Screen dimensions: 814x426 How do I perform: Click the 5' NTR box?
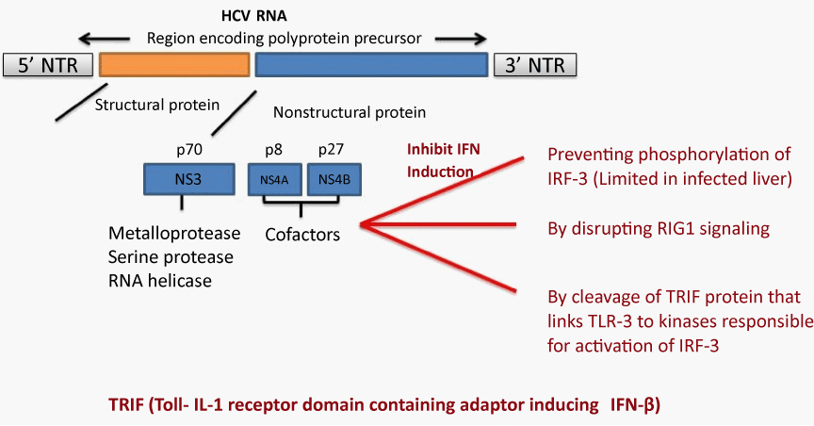pyautogui.click(x=48, y=65)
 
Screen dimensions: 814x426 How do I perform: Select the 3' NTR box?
pyautogui.click(x=535, y=65)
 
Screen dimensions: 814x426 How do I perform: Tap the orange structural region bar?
pyautogui.click(x=174, y=65)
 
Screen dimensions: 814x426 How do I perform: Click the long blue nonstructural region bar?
pyautogui.click(x=371, y=65)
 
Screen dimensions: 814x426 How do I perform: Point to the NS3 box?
pyautogui.click(x=189, y=180)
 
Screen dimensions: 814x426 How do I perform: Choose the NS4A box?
pyautogui.click(x=274, y=180)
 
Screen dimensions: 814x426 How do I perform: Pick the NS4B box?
pyautogui.click(x=334, y=180)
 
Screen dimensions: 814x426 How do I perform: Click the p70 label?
pyautogui.click(x=189, y=150)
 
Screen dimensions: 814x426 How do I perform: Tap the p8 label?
pyautogui.click(x=273, y=150)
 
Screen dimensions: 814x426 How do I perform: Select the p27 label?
pyautogui.click(x=332, y=150)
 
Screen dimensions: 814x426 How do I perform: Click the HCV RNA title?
pyautogui.click(x=253, y=16)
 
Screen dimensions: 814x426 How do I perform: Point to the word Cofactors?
pyautogui.click(x=302, y=235)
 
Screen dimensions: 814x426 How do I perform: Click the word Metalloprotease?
pyautogui.click(x=174, y=234)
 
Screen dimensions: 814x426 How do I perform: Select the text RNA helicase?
pyautogui.click(x=160, y=281)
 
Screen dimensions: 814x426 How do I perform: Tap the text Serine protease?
pyautogui.click(x=171, y=257)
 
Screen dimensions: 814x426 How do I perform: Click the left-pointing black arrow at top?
pyautogui.click(x=104, y=39)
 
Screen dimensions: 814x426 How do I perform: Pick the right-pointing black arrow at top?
pyautogui.click(x=461, y=39)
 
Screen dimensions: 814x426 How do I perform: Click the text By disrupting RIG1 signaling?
pyautogui.click(x=659, y=229)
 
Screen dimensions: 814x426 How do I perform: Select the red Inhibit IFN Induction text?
pyautogui.click(x=444, y=160)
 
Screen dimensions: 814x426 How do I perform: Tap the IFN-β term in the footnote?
pyautogui.click(x=633, y=404)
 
